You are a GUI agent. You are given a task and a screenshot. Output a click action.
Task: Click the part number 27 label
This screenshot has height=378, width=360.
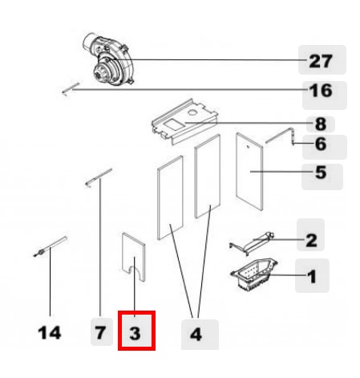(x=321, y=61)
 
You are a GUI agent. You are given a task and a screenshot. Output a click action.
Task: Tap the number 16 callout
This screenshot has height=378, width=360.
(x=321, y=91)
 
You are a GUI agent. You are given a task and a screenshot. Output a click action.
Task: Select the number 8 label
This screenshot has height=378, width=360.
(x=321, y=124)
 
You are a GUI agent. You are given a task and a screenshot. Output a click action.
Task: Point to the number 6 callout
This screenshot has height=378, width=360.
(x=321, y=144)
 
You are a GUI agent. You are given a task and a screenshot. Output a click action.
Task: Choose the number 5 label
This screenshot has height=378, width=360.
(x=321, y=173)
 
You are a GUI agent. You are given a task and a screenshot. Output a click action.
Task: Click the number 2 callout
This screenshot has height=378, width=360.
(x=311, y=240)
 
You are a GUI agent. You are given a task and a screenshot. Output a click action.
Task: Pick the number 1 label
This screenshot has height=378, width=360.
(x=312, y=276)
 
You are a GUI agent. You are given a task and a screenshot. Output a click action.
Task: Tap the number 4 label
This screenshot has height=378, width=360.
(x=196, y=335)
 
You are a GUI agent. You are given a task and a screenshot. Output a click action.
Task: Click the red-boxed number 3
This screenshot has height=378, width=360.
(x=135, y=334)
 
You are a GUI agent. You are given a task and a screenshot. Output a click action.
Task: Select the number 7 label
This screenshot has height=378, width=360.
(x=100, y=333)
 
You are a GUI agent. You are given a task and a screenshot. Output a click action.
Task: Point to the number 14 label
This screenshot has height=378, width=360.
(x=50, y=333)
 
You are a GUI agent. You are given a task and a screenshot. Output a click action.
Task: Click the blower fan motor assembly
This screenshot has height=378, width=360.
(x=108, y=59)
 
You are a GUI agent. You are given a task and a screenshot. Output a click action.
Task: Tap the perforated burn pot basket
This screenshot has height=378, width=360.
(x=254, y=274)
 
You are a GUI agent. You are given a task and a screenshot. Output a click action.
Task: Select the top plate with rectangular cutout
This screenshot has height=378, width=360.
(x=185, y=122)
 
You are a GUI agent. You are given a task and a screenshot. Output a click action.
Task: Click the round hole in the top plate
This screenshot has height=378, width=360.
(x=192, y=112)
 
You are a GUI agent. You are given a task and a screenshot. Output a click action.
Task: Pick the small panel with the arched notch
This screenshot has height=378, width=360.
(x=134, y=257)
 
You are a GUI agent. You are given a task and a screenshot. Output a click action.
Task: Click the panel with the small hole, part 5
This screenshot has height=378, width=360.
(x=249, y=172)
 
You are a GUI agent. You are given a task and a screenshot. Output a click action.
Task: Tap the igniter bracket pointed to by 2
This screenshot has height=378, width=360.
(x=252, y=243)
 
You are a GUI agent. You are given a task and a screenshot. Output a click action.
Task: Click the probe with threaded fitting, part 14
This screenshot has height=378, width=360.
(x=50, y=246)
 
